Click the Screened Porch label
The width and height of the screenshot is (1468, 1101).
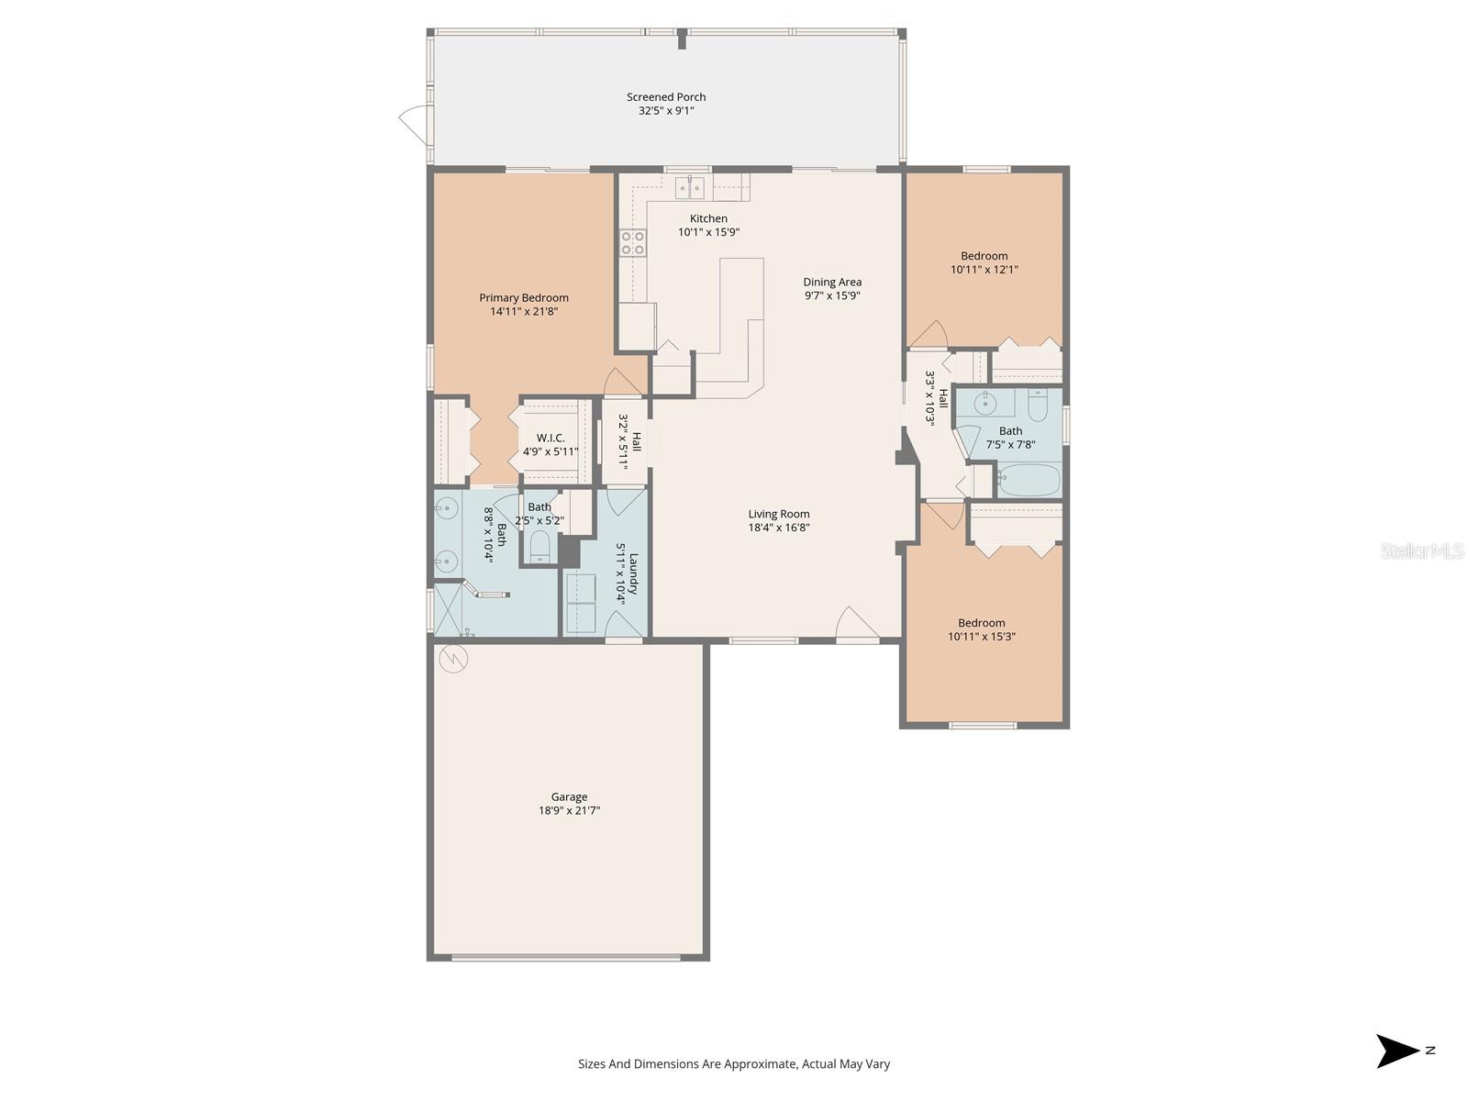(x=666, y=96)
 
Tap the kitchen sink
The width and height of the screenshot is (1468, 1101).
(x=690, y=188)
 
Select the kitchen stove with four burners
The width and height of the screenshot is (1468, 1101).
(x=633, y=242)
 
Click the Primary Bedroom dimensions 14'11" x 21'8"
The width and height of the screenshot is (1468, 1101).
(x=524, y=311)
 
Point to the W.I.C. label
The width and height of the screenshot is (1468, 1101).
(x=550, y=438)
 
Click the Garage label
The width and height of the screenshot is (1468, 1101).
(x=569, y=796)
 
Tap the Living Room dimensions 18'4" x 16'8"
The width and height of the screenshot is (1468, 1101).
(x=779, y=528)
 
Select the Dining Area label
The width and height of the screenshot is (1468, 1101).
(x=832, y=282)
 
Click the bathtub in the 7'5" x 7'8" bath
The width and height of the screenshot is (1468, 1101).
(x=1029, y=480)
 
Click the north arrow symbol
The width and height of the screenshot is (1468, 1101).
(x=1396, y=1051)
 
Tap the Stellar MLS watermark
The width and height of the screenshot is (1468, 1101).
(x=1422, y=550)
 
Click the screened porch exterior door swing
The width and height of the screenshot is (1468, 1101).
(x=413, y=121)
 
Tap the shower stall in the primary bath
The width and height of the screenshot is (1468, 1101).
(x=449, y=609)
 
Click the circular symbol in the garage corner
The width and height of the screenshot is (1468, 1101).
(x=453, y=658)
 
